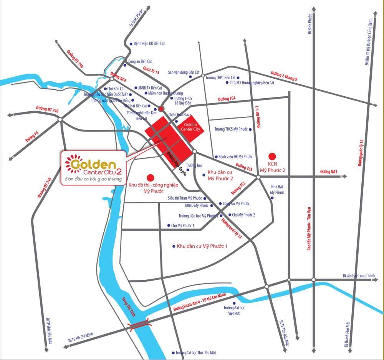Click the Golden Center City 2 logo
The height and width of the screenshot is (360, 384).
(x=94, y=168)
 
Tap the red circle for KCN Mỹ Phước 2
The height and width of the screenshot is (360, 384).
(x=272, y=156)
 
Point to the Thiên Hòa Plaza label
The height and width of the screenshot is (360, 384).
(x=179, y=115)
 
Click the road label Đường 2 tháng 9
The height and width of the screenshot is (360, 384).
(x=284, y=76)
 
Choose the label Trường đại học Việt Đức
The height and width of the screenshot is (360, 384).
(x=234, y=310)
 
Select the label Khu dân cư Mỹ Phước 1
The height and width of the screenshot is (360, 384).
(x=202, y=246)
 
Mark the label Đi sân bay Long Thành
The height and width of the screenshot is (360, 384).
(x=358, y=276)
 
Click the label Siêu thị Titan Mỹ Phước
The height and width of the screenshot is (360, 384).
(x=185, y=198)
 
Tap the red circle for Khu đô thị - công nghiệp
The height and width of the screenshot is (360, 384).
(x=151, y=177)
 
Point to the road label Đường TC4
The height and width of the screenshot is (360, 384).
(x=226, y=99)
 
